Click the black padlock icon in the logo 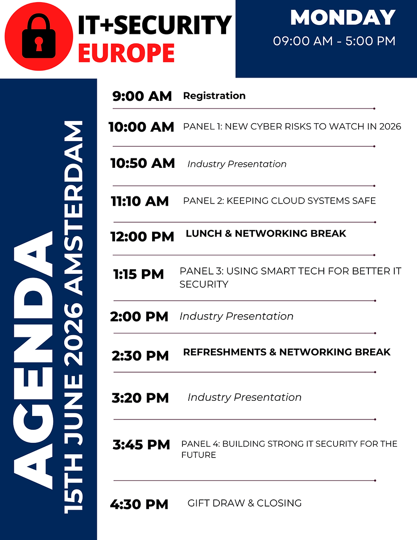coord(39,36)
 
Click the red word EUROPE coord(126,53)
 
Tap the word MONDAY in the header coord(343,17)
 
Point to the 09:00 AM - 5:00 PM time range coord(334,41)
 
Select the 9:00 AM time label coord(142,96)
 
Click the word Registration coord(215,96)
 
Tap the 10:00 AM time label coord(141,127)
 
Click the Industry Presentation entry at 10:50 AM coord(237,164)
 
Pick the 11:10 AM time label coord(140,201)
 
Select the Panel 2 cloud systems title coord(279,200)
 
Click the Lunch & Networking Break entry coord(266,233)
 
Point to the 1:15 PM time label coord(138,274)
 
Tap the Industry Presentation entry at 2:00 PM coord(236,316)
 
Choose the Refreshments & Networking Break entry coord(287,352)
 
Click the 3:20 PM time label coord(140,398)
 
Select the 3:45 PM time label coord(141,444)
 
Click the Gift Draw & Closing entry coord(244,503)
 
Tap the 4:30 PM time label coord(139,504)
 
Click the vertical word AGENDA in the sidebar coord(33,360)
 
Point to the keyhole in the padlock coord(39,44)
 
